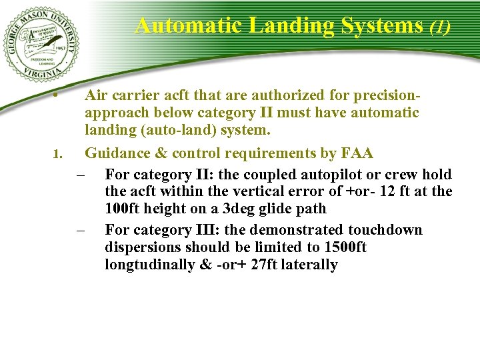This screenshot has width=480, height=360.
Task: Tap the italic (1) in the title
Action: [440, 27]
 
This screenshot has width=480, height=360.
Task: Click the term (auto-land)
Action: [175, 129]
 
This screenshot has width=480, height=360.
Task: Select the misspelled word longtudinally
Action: [153, 265]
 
